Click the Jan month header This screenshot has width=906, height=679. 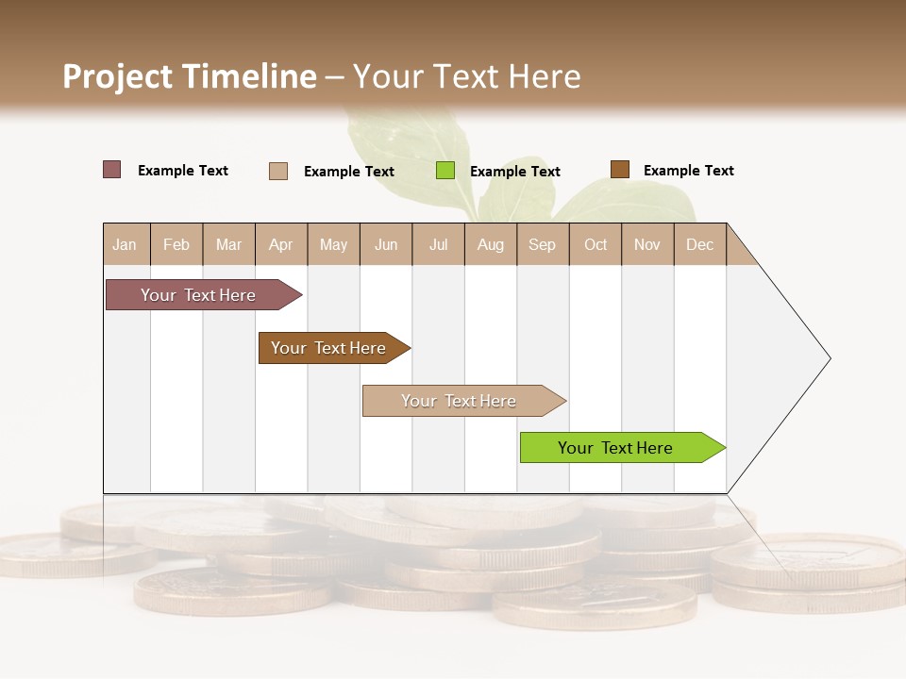point(125,244)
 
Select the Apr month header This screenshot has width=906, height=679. point(281,244)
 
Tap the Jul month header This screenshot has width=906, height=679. point(439,244)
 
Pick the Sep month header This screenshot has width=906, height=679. point(542,244)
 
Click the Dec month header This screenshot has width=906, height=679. point(699,244)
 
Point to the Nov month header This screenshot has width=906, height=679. point(647,244)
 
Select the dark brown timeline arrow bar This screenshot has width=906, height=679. point(330,348)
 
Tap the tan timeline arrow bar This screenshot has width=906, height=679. point(460,401)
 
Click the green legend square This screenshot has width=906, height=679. point(445,171)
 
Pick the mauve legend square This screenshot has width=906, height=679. point(112,170)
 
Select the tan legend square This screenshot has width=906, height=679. point(278,171)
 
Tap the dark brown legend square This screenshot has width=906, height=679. point(620,170)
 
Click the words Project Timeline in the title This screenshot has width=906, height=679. point(189,76)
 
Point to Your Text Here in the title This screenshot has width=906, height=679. point(466,76)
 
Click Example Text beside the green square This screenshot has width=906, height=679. point(515,172)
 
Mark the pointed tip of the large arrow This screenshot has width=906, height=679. point(829,358)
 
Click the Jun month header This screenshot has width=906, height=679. point(386,244)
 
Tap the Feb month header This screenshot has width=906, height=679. point(176,244)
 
